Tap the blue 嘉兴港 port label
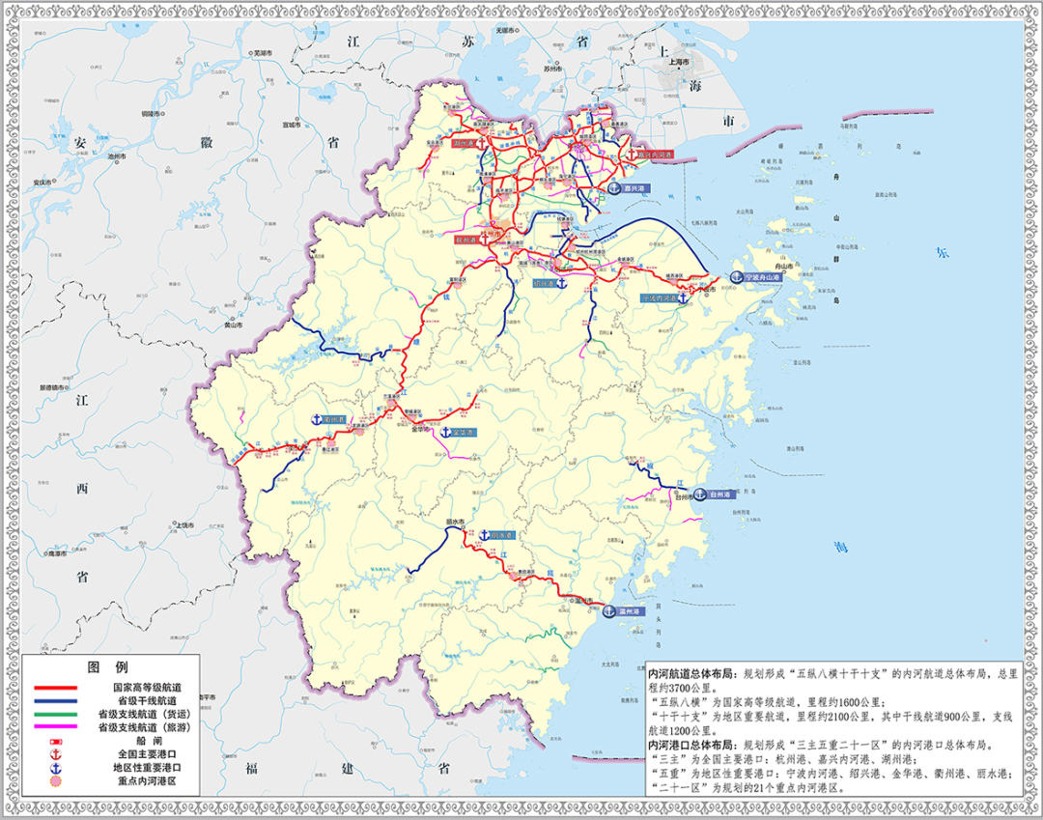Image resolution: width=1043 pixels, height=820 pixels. click(x=636, y=189)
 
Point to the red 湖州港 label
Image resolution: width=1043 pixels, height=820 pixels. click(x=467, y=143)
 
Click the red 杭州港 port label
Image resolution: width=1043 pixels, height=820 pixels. click(x=465, y=237)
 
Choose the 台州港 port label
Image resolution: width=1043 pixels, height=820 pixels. click(x=721, y=494)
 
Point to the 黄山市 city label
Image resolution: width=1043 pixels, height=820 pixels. click(x=232, y=325)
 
